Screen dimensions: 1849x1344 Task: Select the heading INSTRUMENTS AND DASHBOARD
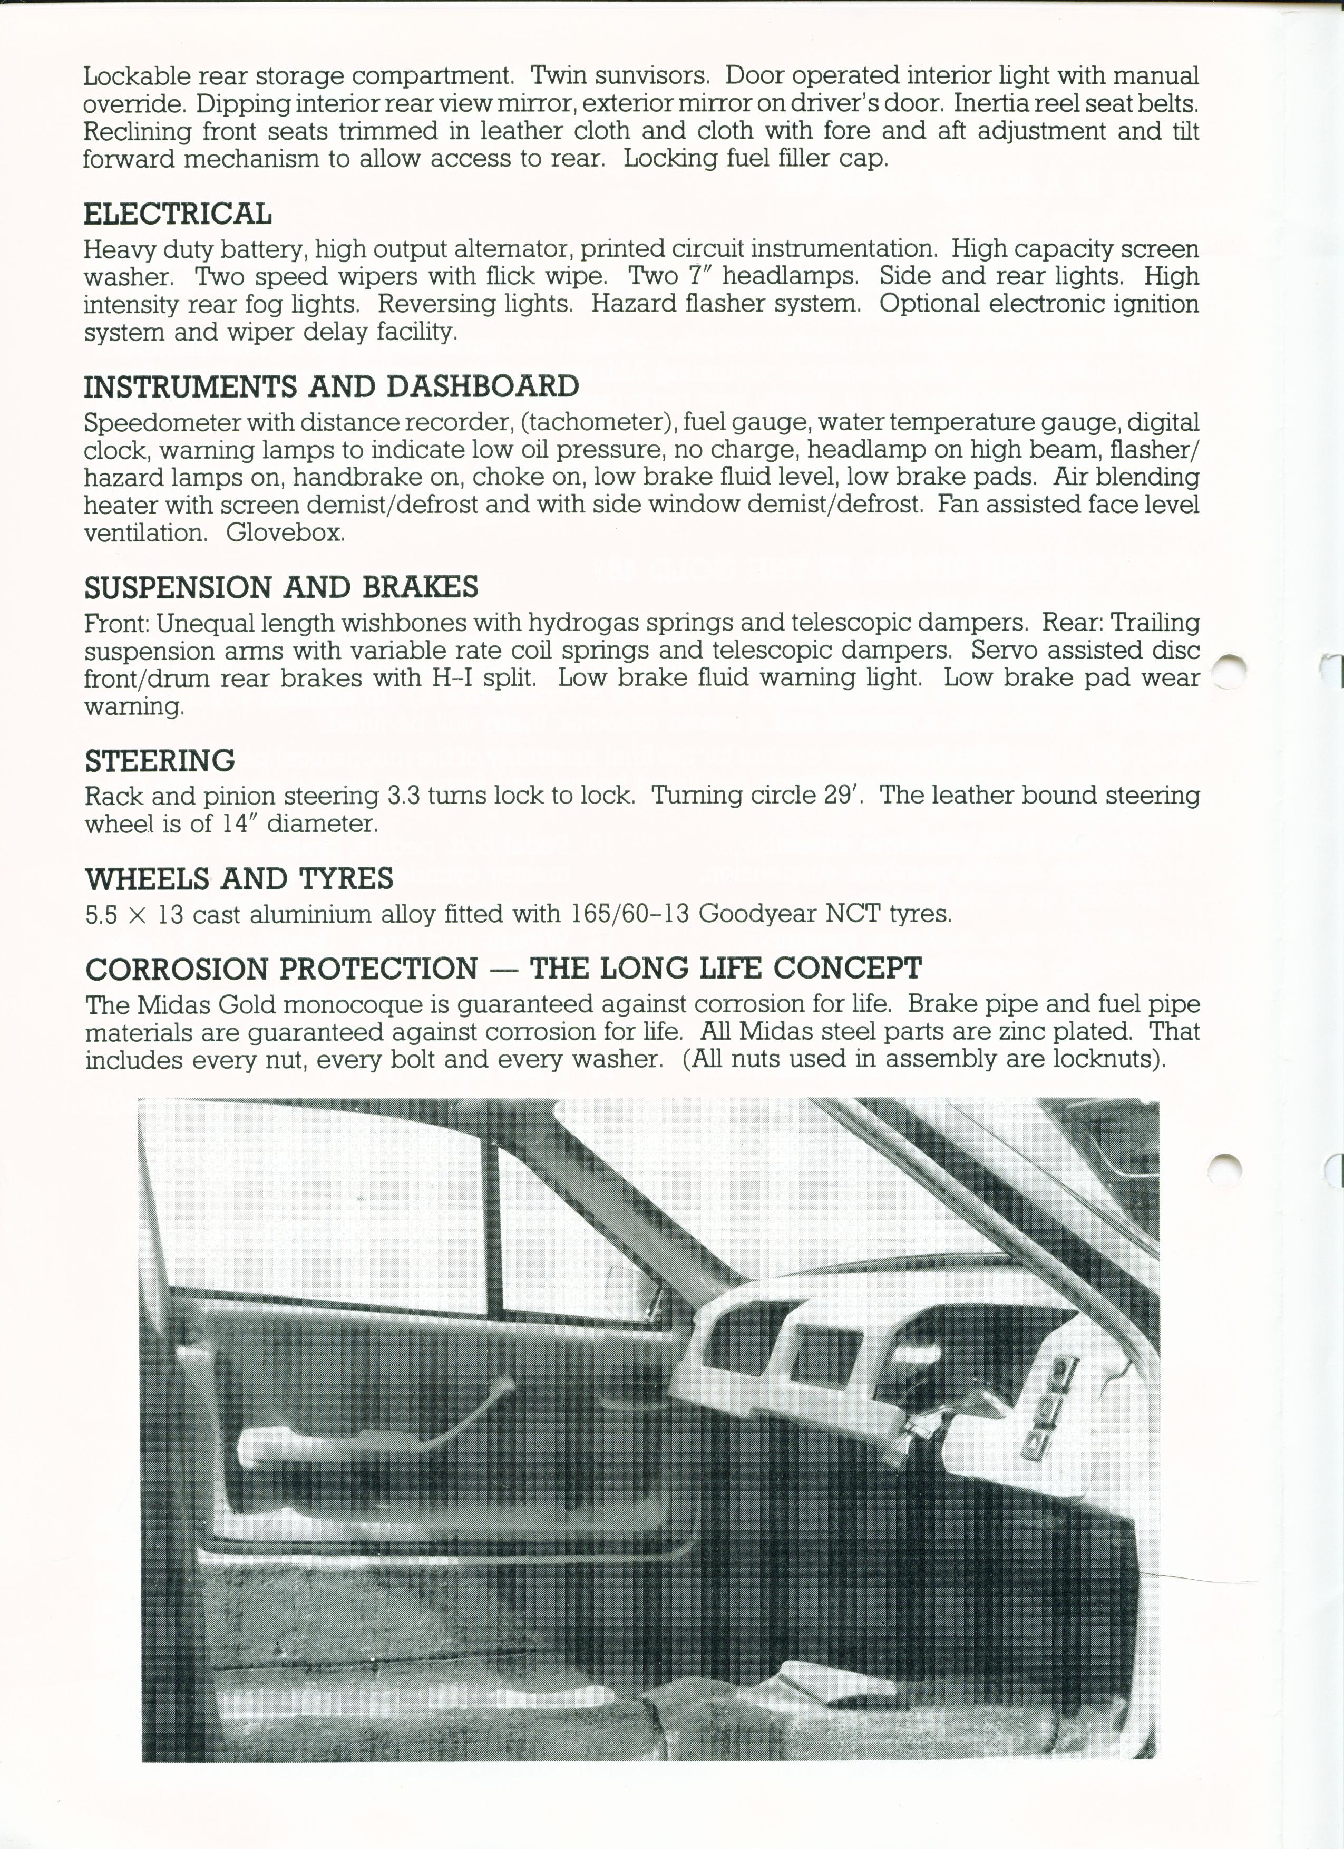click(332, 386)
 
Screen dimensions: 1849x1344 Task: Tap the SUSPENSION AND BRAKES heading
click(281, 587)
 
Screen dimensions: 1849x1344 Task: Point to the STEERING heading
click(160, 761)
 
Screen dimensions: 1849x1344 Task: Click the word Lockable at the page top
click(136, 76)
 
